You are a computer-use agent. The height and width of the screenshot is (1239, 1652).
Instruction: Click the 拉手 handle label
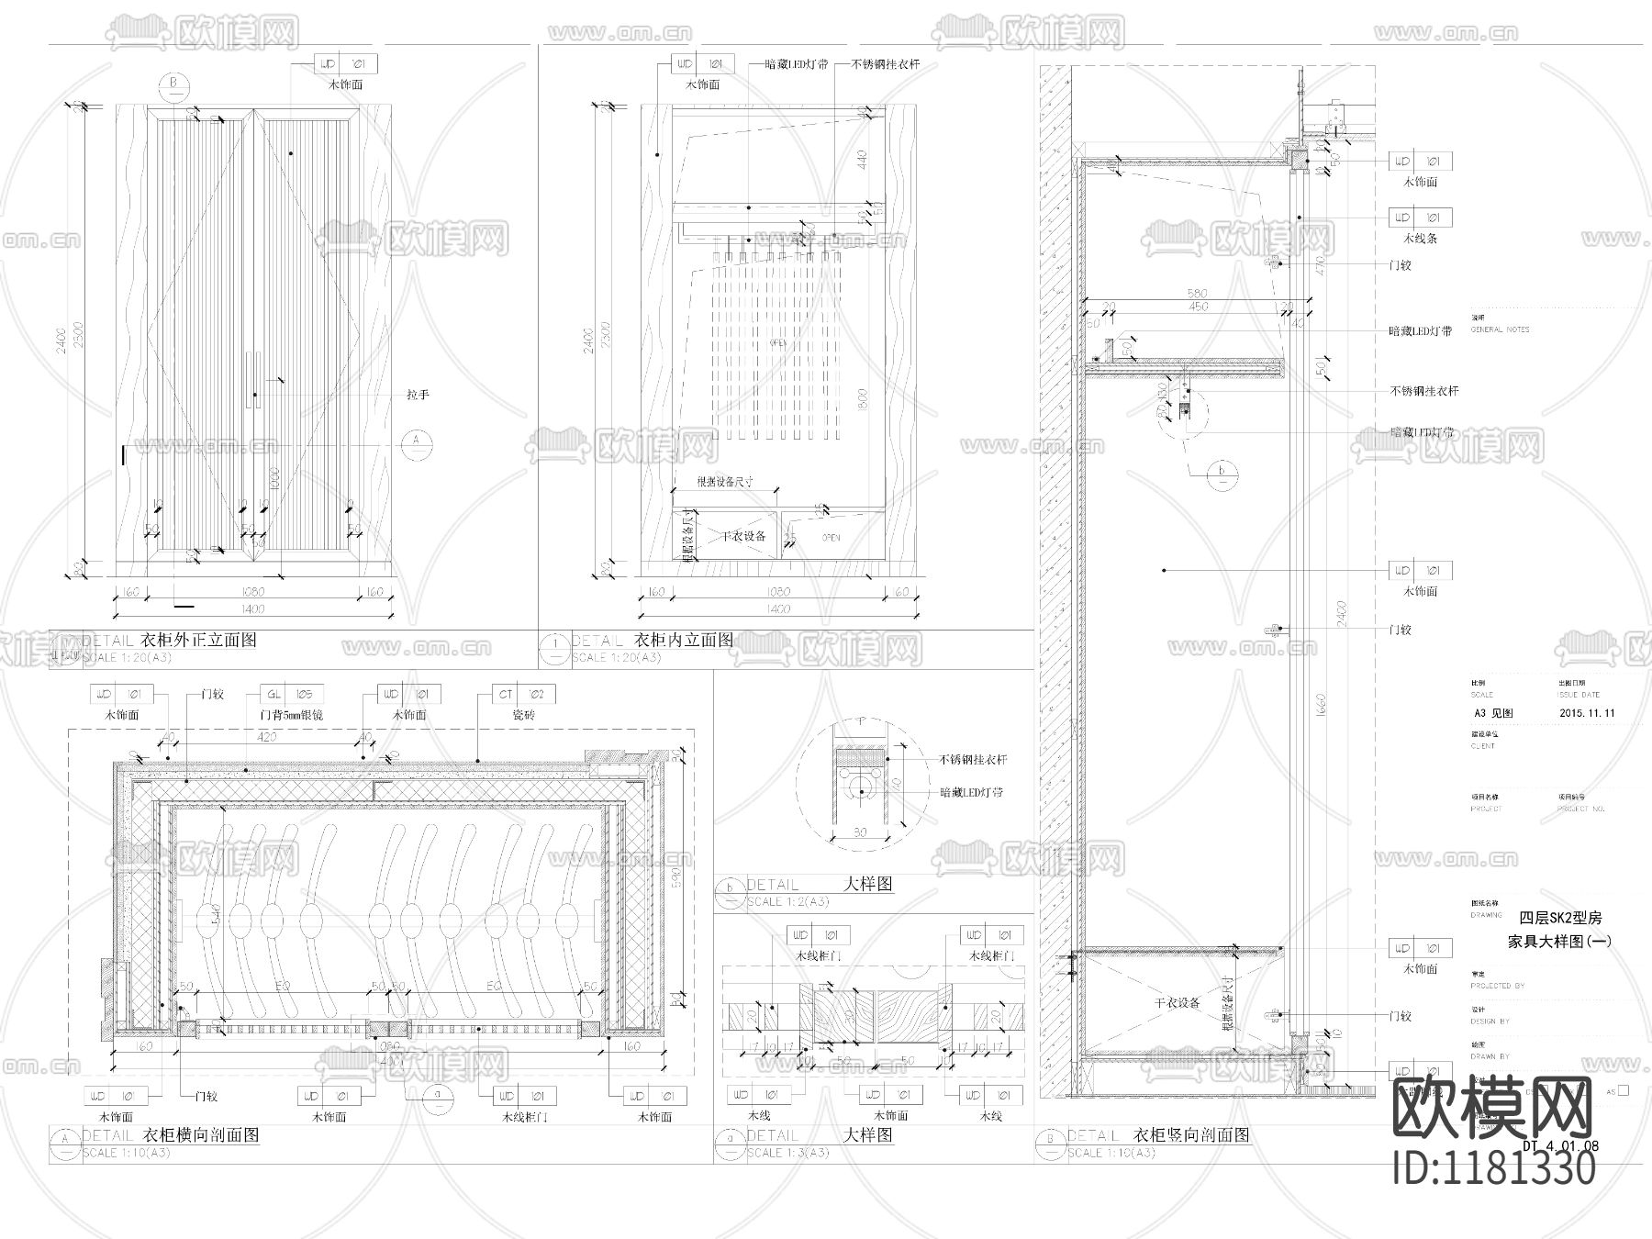[x=418, y=395]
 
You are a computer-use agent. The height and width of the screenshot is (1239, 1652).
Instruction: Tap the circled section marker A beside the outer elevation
[x=417, y=441]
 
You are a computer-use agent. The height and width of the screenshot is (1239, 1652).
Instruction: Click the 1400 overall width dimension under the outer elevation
[x=251, y=608]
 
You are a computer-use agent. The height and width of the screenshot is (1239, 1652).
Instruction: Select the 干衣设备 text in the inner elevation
[x=742, y=536]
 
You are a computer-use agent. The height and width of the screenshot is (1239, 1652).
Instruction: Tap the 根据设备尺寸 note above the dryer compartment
[x=725, y=481]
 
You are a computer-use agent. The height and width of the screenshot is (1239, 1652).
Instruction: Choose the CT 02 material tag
[x=523, y=695]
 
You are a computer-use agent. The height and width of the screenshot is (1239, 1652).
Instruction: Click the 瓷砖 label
[x=523, y=715]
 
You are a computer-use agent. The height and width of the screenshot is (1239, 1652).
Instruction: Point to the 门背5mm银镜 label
[x=292, y=715]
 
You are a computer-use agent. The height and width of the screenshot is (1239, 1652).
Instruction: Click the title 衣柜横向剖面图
[x=199, y=1135]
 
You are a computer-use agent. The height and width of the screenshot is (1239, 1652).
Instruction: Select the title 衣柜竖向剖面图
[x=1192, y=1134]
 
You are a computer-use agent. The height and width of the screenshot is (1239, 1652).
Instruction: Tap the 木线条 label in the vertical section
[x=1420, y=238]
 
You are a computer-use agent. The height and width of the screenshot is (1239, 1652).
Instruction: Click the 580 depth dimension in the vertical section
[x=1197, y=294]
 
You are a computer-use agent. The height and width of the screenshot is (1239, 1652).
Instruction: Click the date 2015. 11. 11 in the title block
[x=1587, y=713]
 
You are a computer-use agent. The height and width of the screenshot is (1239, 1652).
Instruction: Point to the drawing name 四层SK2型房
[x=1560, y=918]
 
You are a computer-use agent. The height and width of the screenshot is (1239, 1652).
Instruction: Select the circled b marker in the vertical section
[x=1222, y=474]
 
